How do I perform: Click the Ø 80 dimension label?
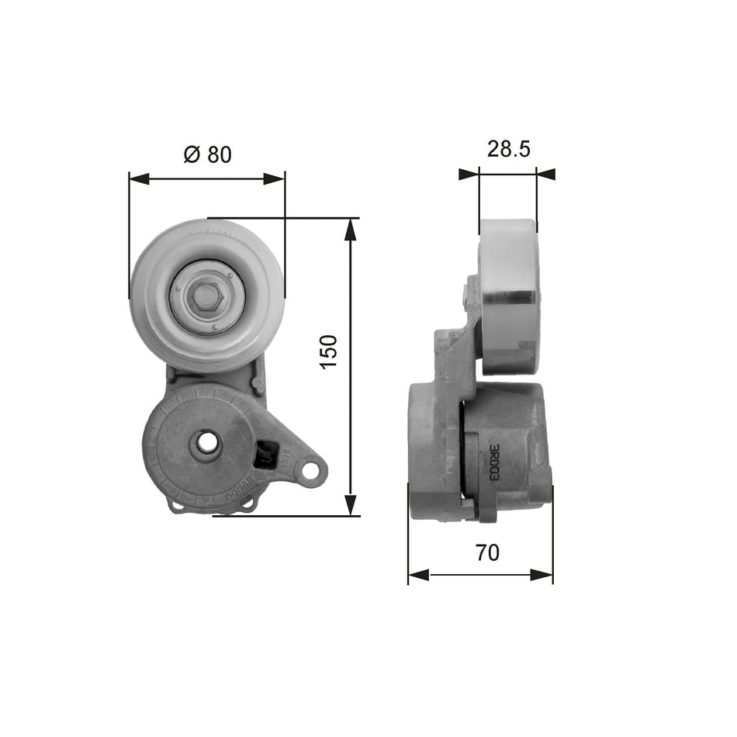point(207,154)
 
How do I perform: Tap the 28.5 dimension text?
point(508,149)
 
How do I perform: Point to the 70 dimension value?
point(488,552)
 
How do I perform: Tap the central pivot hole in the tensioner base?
point(207,442)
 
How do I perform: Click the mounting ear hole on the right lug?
point(312,469)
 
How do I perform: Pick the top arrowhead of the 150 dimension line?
point(351,227)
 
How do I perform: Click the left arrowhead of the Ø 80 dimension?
point(138,179)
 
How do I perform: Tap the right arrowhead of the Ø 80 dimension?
point(275,179)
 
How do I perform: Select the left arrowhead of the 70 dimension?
point(417,575)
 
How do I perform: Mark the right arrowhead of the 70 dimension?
point(544,575)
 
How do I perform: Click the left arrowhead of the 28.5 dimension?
point(469,175)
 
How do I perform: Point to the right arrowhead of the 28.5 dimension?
point(546,175)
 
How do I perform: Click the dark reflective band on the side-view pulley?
point(509,298)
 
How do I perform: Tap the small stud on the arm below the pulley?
point(256,382)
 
